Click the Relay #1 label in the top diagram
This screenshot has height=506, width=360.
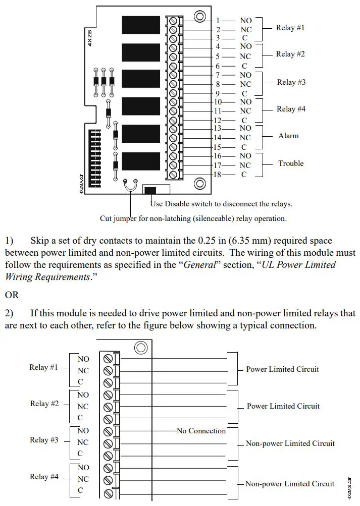click(290, 28)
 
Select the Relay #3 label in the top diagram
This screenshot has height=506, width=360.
click(291, 82)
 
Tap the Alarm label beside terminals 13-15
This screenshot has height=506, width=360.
click(288, 136)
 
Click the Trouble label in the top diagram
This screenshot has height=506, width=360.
click(291, 163)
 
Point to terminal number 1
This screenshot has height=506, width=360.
click(218, 21)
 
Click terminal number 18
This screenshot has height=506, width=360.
click(218, 175)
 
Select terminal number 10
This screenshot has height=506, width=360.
click(218, 102)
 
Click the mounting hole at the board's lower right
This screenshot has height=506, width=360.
click(199, 183)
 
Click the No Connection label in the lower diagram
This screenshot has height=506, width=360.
click(201, 431)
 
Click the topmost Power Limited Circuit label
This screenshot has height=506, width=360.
click(282, 369)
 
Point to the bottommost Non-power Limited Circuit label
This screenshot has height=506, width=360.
click(290, 484)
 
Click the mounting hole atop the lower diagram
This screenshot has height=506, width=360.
click(140, 348)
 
